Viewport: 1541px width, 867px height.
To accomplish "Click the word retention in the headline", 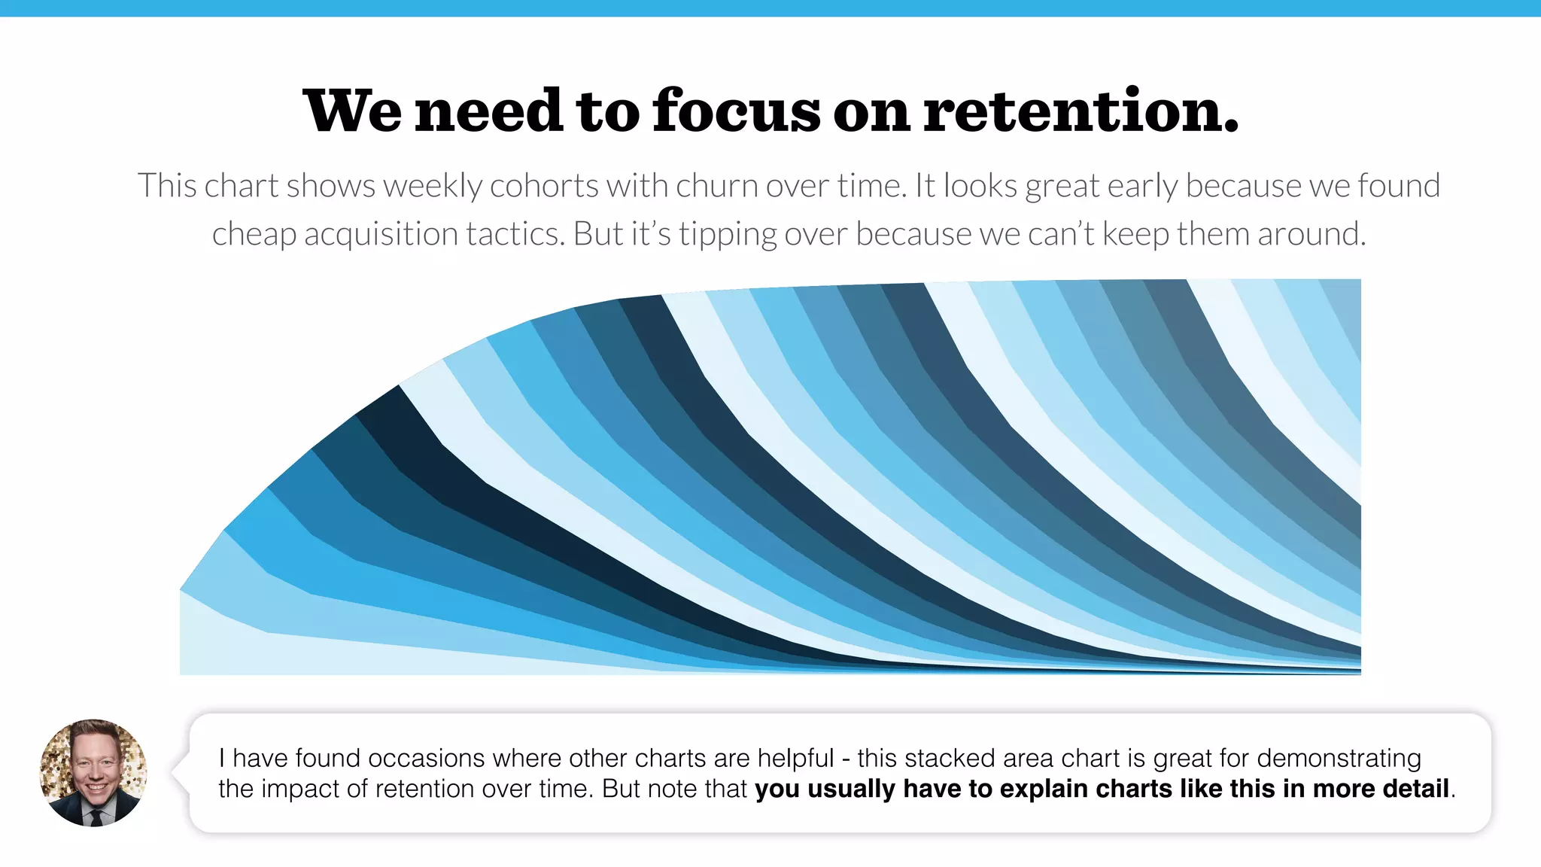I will coord(1080,111).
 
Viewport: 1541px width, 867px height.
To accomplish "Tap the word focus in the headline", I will coord(737,111).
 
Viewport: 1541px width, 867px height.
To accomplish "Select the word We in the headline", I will coord(351,111).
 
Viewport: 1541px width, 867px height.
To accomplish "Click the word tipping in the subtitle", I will coord(727,234).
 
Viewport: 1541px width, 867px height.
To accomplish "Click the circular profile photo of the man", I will coord(93,772).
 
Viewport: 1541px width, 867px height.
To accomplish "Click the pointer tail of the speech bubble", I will coord(179,772).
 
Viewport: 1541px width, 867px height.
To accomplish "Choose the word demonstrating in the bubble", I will coord(1339,758).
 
